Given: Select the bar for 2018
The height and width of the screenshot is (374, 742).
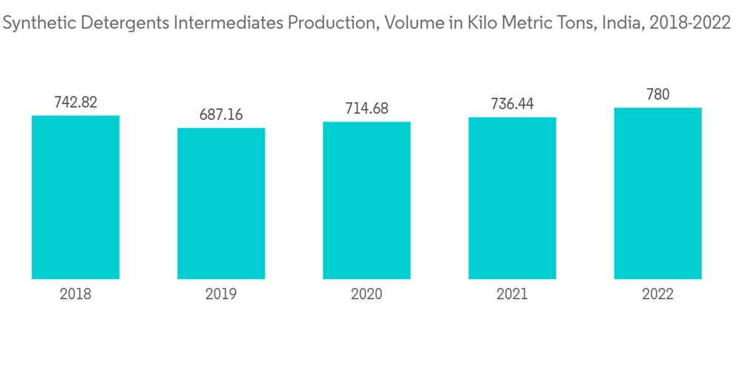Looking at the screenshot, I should click(x=76, y=197).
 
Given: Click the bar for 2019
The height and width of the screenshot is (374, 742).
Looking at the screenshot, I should click(x=221, y=203).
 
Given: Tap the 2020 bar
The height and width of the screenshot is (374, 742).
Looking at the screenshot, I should click(x=367, y=200).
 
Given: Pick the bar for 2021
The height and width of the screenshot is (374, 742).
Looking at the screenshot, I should click(x=512, y=198).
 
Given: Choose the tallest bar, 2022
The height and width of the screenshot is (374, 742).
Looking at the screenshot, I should click(x=657, y=194).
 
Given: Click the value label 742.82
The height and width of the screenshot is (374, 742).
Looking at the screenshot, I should click(x=76, y=102).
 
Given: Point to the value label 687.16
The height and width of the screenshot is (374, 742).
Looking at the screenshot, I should click(x=221, y=115).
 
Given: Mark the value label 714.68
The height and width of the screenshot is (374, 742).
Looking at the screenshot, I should click(x=367, y=108).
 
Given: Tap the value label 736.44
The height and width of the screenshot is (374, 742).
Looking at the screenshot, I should click(x=512, y=104).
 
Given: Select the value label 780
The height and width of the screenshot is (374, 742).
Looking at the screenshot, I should click(x=657, y=94).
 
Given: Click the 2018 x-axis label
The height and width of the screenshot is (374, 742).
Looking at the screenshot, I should click(x=76, y=295).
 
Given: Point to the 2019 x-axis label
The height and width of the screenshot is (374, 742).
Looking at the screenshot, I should click(x=221, y=295).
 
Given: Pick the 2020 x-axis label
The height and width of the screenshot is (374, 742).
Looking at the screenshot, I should click(x=367, y=295).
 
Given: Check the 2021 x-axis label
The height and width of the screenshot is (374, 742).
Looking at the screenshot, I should click(x=512, y=295).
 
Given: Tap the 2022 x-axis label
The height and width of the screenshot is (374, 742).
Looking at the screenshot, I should click(x=657, y=295).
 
